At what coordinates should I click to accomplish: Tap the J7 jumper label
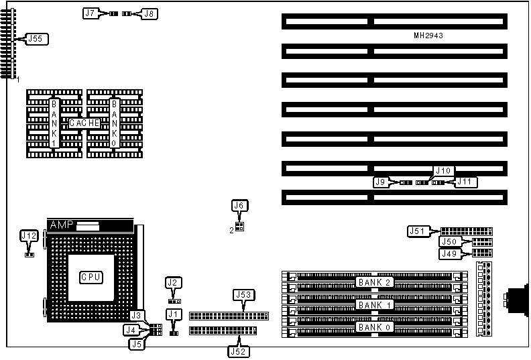91,13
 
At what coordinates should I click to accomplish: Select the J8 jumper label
150,13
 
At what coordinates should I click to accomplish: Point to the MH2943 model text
427,35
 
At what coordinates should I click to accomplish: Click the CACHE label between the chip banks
84,123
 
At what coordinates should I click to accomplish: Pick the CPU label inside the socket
91,277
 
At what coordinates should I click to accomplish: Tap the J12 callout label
29,235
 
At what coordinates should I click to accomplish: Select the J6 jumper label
239,206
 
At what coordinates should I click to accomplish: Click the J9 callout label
381,182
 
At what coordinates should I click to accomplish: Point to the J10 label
443,171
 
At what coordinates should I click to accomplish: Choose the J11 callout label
467,182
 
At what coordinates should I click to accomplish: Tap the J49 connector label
449,253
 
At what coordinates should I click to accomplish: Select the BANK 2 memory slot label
373,282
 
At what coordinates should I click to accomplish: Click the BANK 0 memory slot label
373,327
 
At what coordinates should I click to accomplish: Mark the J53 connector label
242,294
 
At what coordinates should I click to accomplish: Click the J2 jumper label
173,283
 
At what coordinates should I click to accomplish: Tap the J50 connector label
449,242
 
